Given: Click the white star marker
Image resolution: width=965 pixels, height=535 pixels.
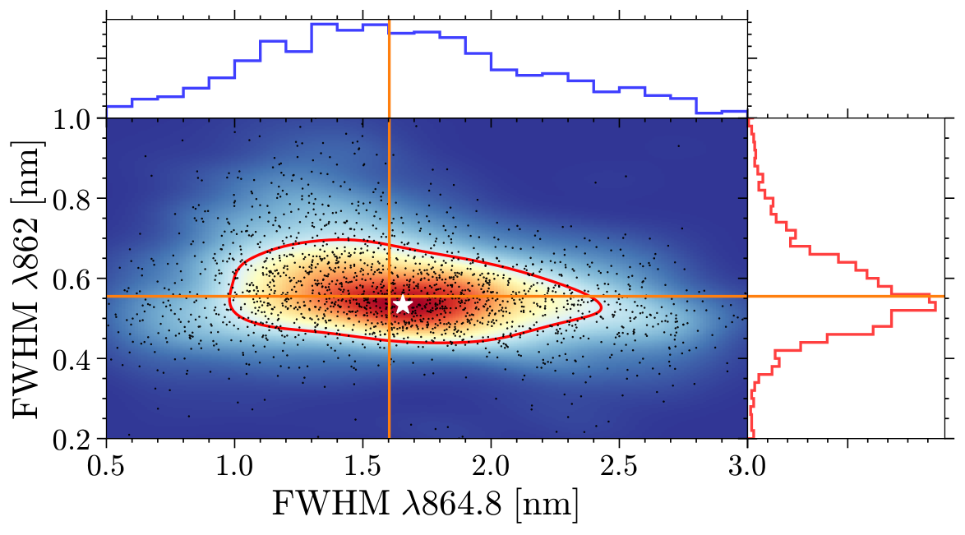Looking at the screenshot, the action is [403, 304].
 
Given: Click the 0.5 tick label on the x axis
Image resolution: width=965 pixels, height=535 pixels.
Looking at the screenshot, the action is [107, 466].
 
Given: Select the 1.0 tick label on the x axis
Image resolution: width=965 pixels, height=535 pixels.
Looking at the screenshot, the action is [235, 466].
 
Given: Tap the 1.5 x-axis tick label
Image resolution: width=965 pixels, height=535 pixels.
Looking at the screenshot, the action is [363, 466].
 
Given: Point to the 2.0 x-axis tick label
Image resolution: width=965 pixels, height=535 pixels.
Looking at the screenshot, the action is [491, 466].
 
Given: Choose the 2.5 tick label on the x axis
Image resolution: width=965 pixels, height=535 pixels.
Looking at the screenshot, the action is [619, 466].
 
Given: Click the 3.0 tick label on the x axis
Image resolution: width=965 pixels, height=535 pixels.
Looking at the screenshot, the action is [747, 466].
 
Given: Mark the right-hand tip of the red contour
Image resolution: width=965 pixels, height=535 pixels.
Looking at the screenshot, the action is [601, 306].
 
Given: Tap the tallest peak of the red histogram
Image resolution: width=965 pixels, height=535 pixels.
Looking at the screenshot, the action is [936, 304].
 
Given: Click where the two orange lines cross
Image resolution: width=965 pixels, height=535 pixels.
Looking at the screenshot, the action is [389, 296].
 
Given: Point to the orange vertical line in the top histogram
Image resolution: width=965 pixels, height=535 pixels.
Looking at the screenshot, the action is [389, 69].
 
